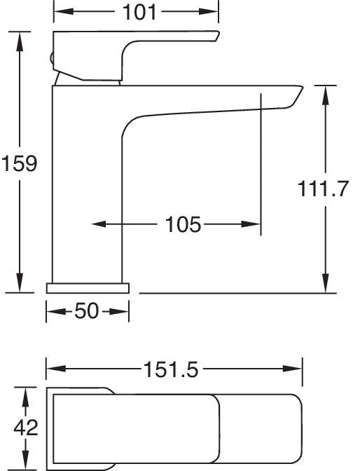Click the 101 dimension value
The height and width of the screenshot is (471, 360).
click(139, 13)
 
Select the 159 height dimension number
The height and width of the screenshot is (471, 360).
click(20, 163)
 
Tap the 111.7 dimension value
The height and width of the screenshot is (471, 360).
click(323, 189)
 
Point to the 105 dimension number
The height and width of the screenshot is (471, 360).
click(183, 224)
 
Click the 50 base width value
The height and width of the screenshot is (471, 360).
click(86, 310)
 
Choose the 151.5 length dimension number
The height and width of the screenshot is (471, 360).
click(171, 369)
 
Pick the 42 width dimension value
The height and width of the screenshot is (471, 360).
click(26, 428)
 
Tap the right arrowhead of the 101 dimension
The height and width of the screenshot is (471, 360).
click(208, 12)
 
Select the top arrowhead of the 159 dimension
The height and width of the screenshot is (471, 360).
click(20, 41)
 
